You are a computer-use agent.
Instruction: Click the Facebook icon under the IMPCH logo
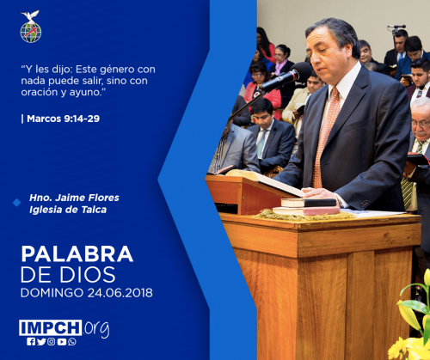point(31,341)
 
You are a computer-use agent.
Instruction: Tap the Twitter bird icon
point(41,341)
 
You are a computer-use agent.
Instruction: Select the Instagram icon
point(52,341)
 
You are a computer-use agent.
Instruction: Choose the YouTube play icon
point(62,342)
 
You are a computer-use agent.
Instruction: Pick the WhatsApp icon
point(72,341)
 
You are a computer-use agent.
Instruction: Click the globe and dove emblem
point(31,27)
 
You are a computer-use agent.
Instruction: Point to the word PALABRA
point(77,254)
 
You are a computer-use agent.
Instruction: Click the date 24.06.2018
point(120,293)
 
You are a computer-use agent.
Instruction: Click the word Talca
point(94,210)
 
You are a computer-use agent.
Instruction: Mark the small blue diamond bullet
point(17,203)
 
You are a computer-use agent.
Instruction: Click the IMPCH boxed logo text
point(51,327)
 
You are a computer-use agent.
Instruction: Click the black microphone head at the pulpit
point(302,71)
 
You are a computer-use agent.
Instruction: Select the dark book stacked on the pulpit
point(309,203)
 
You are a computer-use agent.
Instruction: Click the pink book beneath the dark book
point(306,211)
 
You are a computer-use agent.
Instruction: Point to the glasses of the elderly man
point(421,124)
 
